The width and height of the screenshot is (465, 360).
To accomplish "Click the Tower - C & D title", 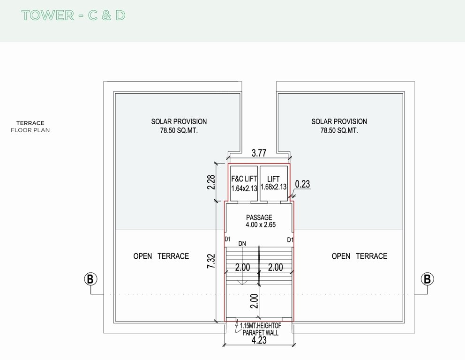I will [73, 15].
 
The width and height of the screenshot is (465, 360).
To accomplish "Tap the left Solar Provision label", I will [179, 126].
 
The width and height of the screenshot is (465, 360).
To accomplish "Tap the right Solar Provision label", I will [339, 126].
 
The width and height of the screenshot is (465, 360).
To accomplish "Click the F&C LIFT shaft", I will [244, 183].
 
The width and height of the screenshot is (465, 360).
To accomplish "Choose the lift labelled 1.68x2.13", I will [273, 183].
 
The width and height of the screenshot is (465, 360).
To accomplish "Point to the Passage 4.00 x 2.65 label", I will [259, 221].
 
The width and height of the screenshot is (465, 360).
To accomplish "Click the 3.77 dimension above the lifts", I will [259, 152].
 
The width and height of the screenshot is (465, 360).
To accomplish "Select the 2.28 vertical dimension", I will [211, 182].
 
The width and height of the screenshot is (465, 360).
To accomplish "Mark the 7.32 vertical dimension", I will [211, 262].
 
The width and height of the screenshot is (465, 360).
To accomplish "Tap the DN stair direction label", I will [242, 244].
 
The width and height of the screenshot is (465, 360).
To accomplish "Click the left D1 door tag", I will [228, 240].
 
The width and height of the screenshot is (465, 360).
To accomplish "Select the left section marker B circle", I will [90, 279].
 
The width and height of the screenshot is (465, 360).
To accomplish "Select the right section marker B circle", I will [427, 279].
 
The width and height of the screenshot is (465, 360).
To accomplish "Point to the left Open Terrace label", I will [161, 256].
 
